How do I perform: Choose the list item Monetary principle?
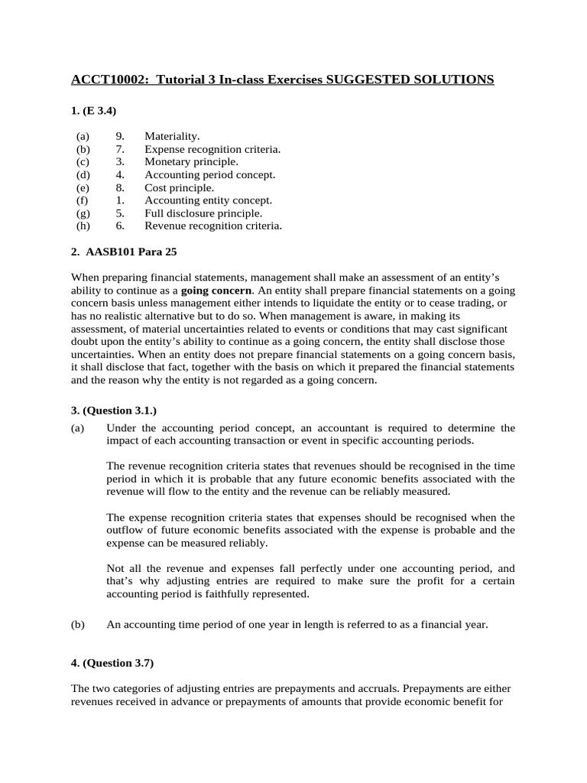point(191,162)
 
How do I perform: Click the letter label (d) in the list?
point(83,175)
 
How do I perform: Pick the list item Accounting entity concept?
point(208,200)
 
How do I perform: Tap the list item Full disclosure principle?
point(203,213)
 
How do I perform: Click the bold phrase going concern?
point(216,291)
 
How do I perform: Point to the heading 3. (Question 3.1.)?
point(113,411)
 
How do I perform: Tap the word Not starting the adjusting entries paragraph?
point(115,568)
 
